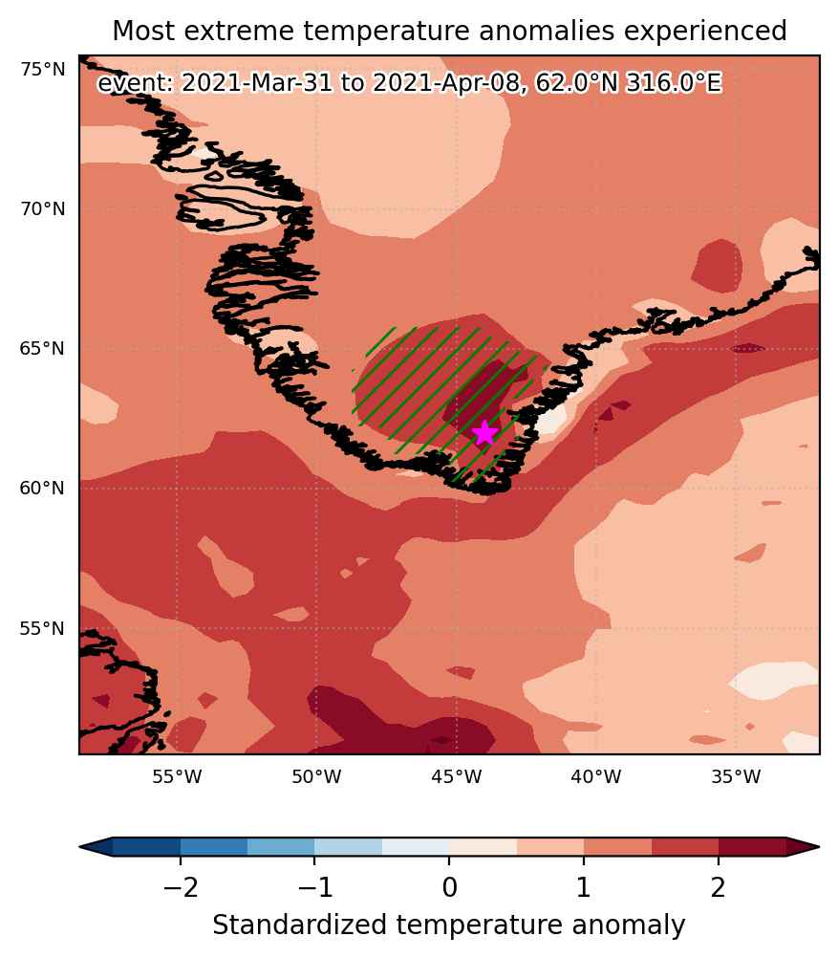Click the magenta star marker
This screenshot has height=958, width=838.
coord(484,432)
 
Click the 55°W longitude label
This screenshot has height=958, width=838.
coord(177,776)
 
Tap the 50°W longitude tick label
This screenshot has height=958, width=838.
coord(316,776)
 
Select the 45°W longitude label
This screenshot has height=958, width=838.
coord(456,776)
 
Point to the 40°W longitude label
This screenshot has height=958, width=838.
coord(596,776)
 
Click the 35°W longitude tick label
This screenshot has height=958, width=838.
coord(736,776)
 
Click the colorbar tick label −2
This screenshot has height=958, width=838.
coord(181,887)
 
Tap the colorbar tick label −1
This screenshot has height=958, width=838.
coord(315,887)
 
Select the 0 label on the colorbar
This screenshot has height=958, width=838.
coord(449,887)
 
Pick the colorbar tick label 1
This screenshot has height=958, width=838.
coord(584,887)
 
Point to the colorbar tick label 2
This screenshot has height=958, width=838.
coord(719,887)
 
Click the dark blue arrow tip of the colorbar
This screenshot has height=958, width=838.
coord(81,847)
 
